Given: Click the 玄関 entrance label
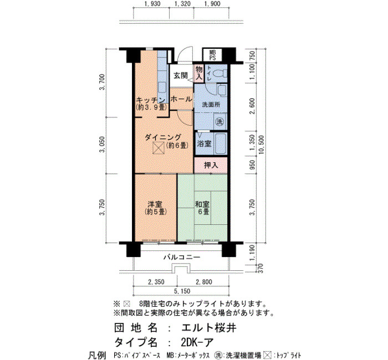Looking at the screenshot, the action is [x=180, y=75].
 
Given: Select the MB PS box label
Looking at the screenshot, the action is [x=212, y=55].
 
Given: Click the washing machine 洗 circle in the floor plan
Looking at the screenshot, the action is [x=219, y=121].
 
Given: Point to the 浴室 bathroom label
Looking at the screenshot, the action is [x=204, y=143].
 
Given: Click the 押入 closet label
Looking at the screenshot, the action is [x=211, y=165].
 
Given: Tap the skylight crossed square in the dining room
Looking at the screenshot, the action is [x=159, y=148].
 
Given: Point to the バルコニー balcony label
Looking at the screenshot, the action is [x=182, y=258].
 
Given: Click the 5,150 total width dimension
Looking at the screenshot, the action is [x=182, y=291].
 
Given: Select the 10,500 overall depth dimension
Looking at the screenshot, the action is [x=261, y=145].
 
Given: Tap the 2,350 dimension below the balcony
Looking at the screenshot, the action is [x=156, y=281].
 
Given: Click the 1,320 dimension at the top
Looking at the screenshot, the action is [x=182, y=4].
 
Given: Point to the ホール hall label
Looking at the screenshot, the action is [x=181, y=99].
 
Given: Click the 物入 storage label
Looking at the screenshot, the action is [x=199, y=73].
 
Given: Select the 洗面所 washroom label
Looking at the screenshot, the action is [x=211, y=105].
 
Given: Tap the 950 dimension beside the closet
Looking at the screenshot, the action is [x=252, y=164].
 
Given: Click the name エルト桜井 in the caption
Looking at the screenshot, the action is [x=208, y=328].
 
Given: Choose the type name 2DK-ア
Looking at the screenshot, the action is [x=197, y=343].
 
